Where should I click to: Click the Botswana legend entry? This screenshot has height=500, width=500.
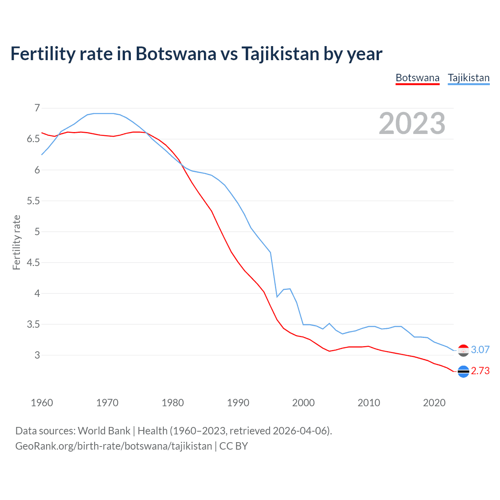(x=417, y=78)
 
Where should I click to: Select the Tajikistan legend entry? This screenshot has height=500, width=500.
(x=468, y=78)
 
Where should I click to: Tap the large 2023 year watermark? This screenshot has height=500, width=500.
(x=412, y=123)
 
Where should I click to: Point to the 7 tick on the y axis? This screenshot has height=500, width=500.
(x=37, y=108)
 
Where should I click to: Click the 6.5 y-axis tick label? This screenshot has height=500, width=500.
(x=33, y=139)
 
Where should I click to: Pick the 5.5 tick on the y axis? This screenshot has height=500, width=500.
(x=33, y=201)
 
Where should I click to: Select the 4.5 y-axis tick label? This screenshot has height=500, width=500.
(x=33, y=262)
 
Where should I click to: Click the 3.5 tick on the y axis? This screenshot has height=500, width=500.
(x=33, y=324)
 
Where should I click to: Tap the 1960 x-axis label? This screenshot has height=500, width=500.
(x=42, y=403)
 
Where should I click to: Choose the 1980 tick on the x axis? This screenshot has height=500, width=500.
(x=173, y=403)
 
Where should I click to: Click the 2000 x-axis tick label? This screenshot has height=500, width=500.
(x=304, y=403)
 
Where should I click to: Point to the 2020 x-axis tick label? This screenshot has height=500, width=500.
(x=434, y=403)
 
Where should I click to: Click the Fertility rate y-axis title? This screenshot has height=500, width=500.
(x=16, y=242)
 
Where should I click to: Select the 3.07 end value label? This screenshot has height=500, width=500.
(x=480, y=350)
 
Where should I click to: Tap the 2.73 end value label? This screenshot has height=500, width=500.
(x=480, y=371)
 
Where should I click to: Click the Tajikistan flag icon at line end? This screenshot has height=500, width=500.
(x=463, y=350)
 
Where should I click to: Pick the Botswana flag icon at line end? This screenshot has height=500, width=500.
(x=463, y=371)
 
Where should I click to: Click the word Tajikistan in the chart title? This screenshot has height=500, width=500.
(x=280, y=54)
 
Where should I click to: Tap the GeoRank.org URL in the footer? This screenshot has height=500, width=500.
(x=114, y=446)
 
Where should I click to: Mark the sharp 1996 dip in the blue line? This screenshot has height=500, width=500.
(x=277, y=297)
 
